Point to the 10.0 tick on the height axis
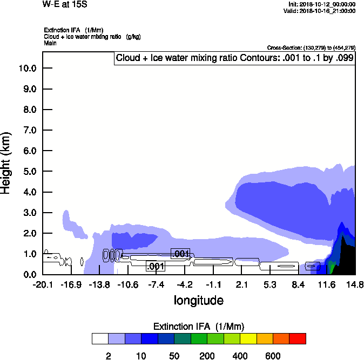27,68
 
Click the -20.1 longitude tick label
43,284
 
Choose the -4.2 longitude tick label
185,284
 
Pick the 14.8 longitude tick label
355,284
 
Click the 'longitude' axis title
198,300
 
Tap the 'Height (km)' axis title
7,162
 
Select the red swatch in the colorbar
297,338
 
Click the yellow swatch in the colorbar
248,338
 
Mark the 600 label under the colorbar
273,356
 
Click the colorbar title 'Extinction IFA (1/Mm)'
199,327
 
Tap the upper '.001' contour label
180,254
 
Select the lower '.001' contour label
156,266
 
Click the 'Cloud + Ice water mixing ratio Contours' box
235,58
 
